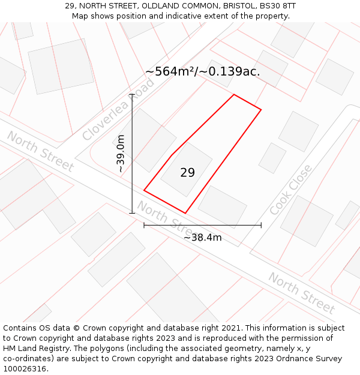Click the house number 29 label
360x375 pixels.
[x=187, y=173]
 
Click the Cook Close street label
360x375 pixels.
[x=290, y=190]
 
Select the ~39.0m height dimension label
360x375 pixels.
[x=121, y=154]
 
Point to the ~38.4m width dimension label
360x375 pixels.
[x=203, y=238]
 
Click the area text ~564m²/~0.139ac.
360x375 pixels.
[x=203, y=71]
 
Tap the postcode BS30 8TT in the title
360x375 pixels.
[x=277, y=6]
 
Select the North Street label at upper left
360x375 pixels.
[x=40, y=151]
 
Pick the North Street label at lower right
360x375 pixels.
[x=301, y=293]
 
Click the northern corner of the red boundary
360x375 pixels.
[x=233, y=95]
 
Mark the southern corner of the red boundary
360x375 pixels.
[x=185, y=213]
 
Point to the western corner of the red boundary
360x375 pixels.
[x=144, y=190]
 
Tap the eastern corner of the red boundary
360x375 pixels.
[x=261, y=109]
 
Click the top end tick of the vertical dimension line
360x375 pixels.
[x=133, y=94]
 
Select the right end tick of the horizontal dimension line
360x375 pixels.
[x=261, y=226]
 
